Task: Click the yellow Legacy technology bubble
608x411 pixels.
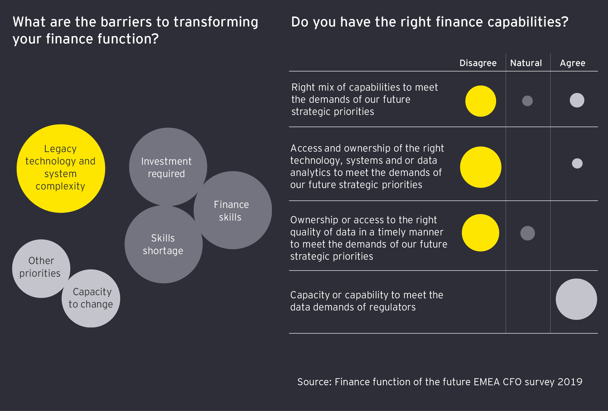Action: tap(61, 169)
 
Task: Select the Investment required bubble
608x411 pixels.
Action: tap(168, 167)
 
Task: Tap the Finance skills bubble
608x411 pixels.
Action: tap(233, 210)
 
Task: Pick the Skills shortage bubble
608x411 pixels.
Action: tap(163, 244)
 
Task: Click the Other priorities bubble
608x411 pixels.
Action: tap(41, 269)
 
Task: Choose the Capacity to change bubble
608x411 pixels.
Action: tap(91, 298)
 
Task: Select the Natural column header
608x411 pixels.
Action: tap(526, 63)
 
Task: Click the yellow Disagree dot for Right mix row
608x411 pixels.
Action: tap(481, 101)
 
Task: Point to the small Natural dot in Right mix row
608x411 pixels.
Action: tap(528, 101)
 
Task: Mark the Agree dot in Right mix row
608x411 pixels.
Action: tap(577, 100)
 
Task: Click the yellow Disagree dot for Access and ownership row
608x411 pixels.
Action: tap(481, 167)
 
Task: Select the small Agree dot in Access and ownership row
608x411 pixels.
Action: tap(577, 163)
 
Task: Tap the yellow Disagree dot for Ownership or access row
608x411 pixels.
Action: tap(480, 233)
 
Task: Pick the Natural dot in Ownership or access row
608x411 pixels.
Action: tap(528, 233)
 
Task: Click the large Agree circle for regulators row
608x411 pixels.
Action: tap(576, 299)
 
